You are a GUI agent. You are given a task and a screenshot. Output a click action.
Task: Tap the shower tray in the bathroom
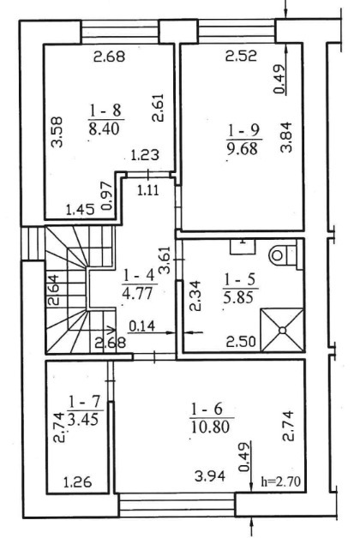click(x=283, y=330)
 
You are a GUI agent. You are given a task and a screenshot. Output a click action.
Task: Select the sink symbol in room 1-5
click(x=243, y=247)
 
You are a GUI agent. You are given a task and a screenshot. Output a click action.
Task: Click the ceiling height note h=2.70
click(x=281, y=481)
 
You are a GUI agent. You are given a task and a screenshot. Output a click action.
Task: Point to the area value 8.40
click(x=104, y=129)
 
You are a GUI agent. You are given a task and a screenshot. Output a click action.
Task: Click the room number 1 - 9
click(x=244, y=130)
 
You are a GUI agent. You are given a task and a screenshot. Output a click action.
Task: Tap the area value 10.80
click(x=210, y=427)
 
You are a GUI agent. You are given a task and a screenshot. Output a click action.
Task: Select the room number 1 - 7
click(x=84, y=401)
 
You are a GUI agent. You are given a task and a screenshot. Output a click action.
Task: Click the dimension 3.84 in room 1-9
click(x=286, y=137)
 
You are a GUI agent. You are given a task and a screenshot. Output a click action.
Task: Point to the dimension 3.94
click(x=210, y=476)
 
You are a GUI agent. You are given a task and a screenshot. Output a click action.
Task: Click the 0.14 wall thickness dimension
click(x=141, y=326)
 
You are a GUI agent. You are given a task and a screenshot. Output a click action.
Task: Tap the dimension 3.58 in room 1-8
click(x=57, y=132)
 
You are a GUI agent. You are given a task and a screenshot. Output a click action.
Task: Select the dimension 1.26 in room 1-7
click(x=77, y=482)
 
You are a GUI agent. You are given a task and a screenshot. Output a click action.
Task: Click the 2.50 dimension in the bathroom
click(x=241, y=342)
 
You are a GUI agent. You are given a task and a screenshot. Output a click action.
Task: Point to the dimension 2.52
click(x=241, y=56)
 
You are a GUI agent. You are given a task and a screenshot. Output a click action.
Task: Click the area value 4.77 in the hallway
click(x=136, y=294)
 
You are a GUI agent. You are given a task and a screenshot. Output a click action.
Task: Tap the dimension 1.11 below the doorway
click(x=148, y=189)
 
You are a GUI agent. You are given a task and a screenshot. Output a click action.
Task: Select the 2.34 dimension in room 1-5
click(x=195, y=296)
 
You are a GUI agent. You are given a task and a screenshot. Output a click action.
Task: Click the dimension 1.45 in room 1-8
click(x=80, y=209)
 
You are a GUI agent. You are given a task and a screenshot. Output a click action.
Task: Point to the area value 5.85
click(x=238, y=297)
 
